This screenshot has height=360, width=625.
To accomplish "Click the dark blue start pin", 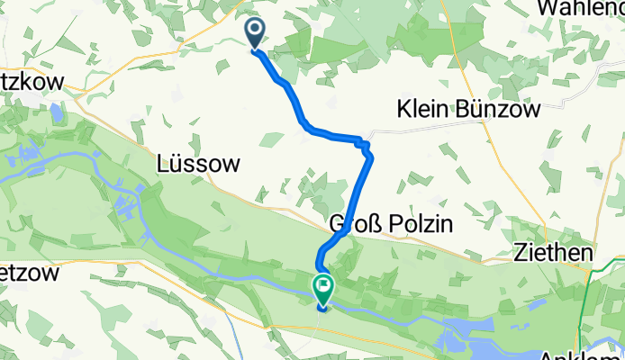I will pos(255,34).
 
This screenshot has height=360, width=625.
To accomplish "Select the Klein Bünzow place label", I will pos(468,110).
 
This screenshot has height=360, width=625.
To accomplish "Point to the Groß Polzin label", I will pos(390,222).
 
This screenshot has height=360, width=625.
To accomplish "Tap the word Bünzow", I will pos(502,110).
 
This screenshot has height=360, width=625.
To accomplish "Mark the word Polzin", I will pos(417,222).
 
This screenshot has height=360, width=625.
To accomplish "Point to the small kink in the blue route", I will pos(362,143).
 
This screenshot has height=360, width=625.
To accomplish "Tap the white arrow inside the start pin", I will pos(255,31).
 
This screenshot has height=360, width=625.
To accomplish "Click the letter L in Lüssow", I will pos(163,164).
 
